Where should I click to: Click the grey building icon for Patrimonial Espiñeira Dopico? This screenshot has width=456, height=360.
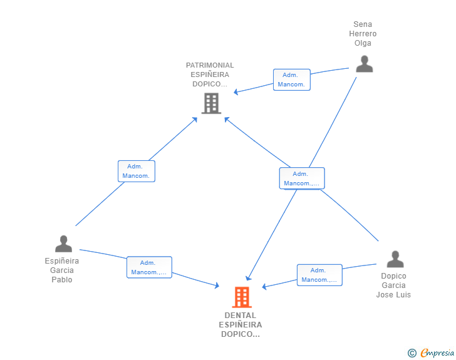(211, 103)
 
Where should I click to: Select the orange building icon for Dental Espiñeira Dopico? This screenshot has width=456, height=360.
(242, 297)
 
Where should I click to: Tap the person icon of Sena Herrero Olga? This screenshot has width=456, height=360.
(364, 64)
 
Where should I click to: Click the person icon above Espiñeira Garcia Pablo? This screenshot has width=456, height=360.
(63, 244)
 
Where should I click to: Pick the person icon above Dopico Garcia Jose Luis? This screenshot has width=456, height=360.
(395, 259)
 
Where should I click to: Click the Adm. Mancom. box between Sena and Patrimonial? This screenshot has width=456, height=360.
(291, 80)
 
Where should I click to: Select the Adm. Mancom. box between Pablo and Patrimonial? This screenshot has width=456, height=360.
(136, 171)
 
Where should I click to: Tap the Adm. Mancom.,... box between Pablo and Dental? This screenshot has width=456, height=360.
(149, 267)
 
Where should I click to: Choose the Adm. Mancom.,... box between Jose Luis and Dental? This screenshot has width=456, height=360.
(319, 275)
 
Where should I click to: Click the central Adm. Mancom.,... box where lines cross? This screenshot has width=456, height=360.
(302, 178)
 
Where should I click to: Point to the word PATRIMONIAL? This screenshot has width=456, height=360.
(210, 65)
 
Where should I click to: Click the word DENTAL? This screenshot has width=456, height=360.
(241, 316)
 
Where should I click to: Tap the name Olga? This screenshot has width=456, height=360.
(363, 43)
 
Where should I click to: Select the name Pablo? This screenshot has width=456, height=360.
(62, 280)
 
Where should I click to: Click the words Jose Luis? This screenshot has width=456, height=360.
(393, 295)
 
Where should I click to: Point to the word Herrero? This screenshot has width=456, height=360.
(363, 34)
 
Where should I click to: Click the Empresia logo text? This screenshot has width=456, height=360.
(438, 353)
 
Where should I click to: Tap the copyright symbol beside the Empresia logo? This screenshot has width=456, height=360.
(412, 353)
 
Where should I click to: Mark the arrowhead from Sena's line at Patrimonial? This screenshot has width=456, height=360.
(236, 92)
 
